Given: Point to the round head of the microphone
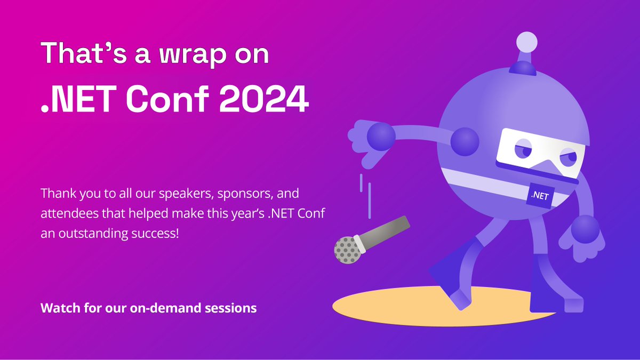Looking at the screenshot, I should tap(347, 249).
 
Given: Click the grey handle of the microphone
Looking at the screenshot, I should tap(387, 233).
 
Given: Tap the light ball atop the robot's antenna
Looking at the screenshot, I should tap(527, 42).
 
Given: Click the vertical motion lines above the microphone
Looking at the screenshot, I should tap(365, 195).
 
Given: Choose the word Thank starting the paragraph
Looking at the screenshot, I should tap(55, 191).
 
